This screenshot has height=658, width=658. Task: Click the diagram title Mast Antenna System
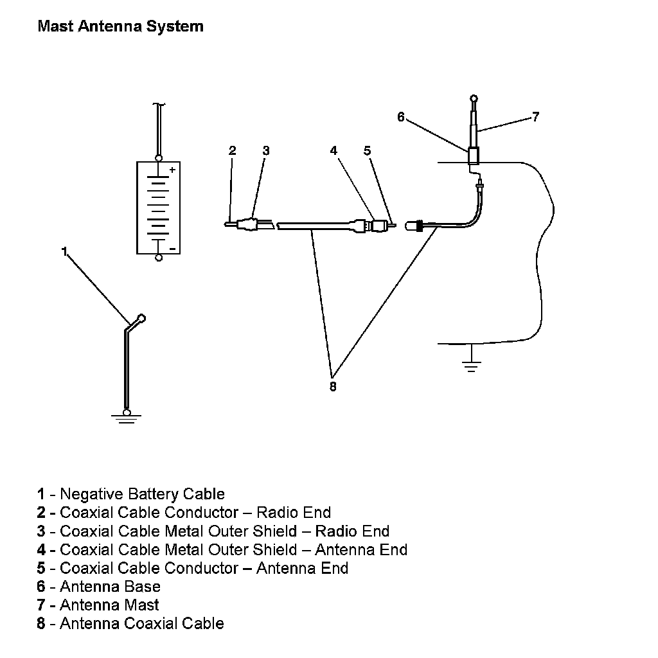(120, 26)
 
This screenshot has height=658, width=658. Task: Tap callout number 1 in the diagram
(64, 252)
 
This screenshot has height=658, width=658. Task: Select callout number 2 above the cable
(233, 150)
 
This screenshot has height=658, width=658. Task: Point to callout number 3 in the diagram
(265, 150)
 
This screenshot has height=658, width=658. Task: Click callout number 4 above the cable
(333, 150)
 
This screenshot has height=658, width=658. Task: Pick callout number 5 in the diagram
(367, 150)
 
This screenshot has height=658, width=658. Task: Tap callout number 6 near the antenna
(401, 117)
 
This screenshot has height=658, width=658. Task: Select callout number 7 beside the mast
(535, 117)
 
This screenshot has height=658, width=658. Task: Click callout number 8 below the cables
(333, 387)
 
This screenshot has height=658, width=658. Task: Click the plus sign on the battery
(172, 170)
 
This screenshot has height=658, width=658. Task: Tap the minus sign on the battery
(172, 247)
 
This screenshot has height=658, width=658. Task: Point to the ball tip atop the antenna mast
(474, 98)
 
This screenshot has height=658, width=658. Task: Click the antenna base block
(474, 156)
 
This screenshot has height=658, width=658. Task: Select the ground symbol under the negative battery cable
(127, 418)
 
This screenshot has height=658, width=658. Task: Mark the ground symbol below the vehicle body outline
(472, 367)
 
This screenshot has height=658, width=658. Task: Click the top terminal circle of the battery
(159, 157)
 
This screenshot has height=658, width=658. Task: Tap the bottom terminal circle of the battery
(159, 258)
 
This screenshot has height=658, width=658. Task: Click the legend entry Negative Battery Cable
(131, 494)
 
